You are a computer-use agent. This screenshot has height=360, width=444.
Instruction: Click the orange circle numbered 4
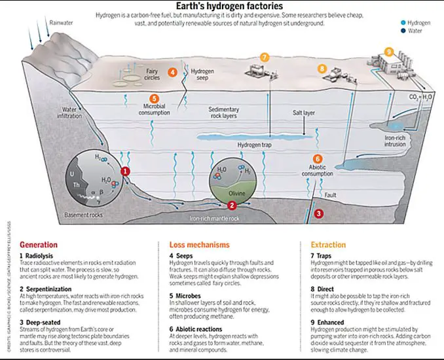pos(172,72)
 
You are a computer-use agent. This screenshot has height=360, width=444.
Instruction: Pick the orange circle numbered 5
pos(155,99)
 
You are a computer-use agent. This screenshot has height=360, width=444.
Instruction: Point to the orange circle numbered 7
pos(265,58)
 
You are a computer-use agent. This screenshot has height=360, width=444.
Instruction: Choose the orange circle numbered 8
pos(322,68)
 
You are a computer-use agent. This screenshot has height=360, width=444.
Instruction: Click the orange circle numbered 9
pos(389,52)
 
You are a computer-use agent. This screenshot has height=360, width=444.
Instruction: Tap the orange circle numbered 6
pos(318,158)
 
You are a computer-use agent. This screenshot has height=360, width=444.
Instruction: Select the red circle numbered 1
pos(126,171)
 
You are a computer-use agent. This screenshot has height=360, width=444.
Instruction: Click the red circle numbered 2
pos(241,205)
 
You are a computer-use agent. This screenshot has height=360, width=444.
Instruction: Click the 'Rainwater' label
pos(62,22)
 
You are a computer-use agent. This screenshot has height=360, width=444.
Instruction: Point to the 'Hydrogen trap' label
pos(254,145)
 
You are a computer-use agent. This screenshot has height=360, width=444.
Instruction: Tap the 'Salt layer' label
pos(303,113)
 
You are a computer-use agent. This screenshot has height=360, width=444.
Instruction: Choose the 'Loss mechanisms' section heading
pos(195,244)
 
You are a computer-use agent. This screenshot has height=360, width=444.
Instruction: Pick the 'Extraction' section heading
pos(329,244)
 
